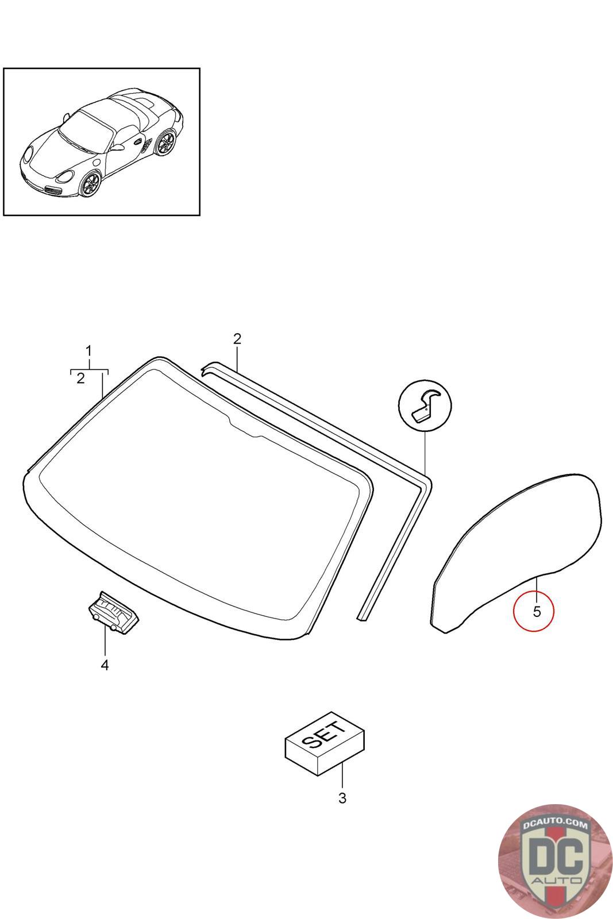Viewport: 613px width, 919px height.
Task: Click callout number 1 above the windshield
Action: click(88, 351)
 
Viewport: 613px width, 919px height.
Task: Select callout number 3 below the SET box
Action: click(342, 798)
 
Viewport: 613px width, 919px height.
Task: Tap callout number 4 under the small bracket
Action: click(105, 665)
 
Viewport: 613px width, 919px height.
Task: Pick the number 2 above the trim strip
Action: click(237, 339)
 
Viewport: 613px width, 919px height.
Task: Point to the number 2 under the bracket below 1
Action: click(80, 379)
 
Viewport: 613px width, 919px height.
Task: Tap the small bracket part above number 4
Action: click(114, 612)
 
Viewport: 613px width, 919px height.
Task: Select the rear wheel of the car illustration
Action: click(166, 142)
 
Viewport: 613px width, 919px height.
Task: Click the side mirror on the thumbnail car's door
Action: click(117, 146)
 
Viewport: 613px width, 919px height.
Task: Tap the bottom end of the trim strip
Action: click(362, 617)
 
